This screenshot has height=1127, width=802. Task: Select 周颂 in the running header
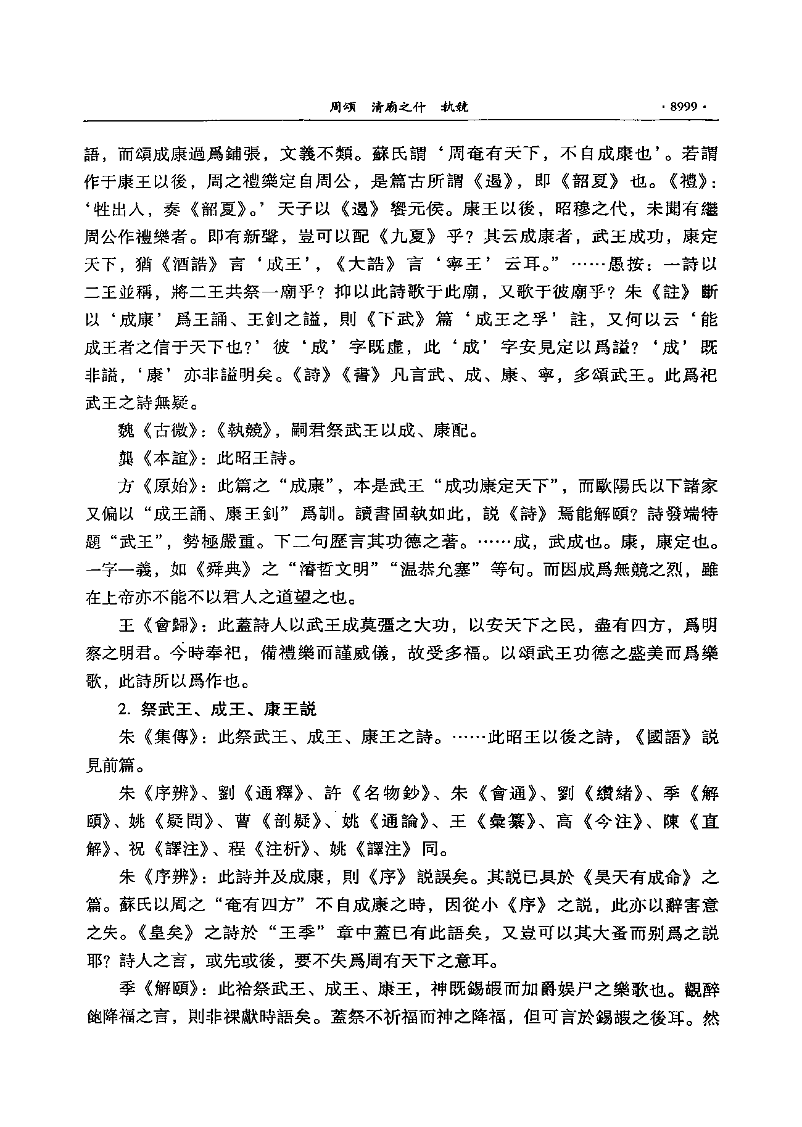(x=343, y=106)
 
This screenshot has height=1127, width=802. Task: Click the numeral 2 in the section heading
(x=122, y=709)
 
